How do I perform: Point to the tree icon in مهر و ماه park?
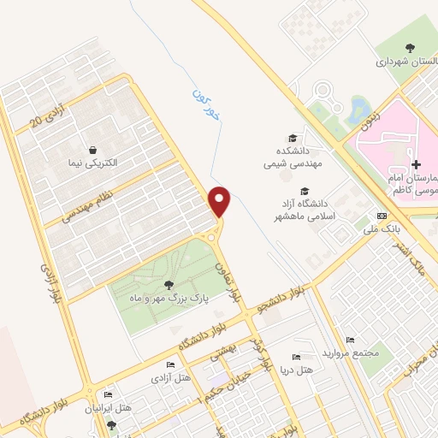click(x=166, y=284)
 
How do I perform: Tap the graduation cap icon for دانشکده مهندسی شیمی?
click(x=292, y=137)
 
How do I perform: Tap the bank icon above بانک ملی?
click(x=382, y=216)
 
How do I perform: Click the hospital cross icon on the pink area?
click(x=416, y=164)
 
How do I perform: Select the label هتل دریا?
click(x=295, y=370)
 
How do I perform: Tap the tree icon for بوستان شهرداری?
click(x=408, y=49)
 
